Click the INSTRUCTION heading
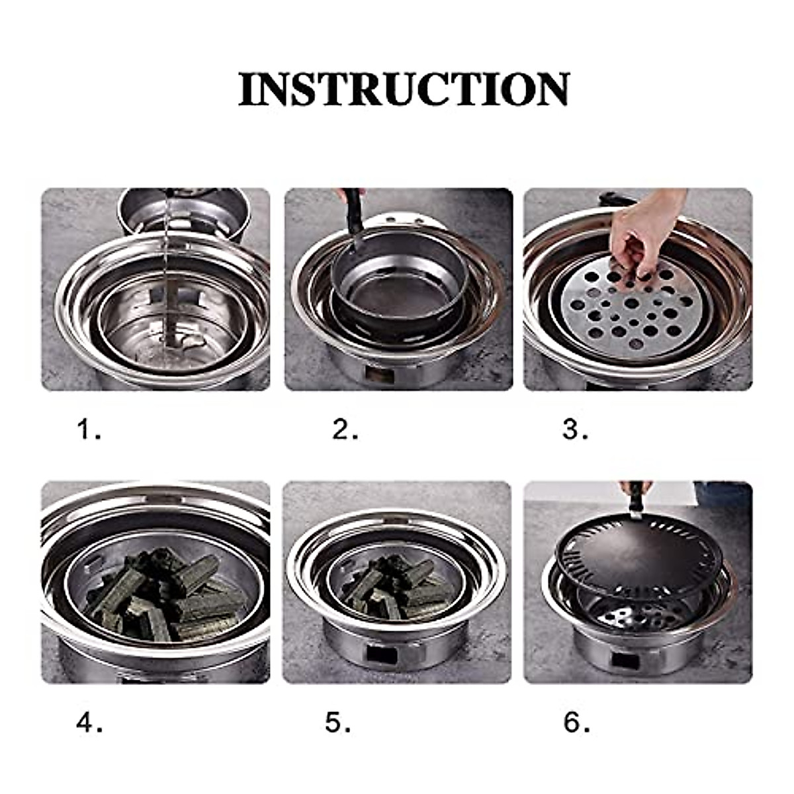point(404,89)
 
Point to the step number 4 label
point(90,723)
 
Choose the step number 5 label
point(338,723)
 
